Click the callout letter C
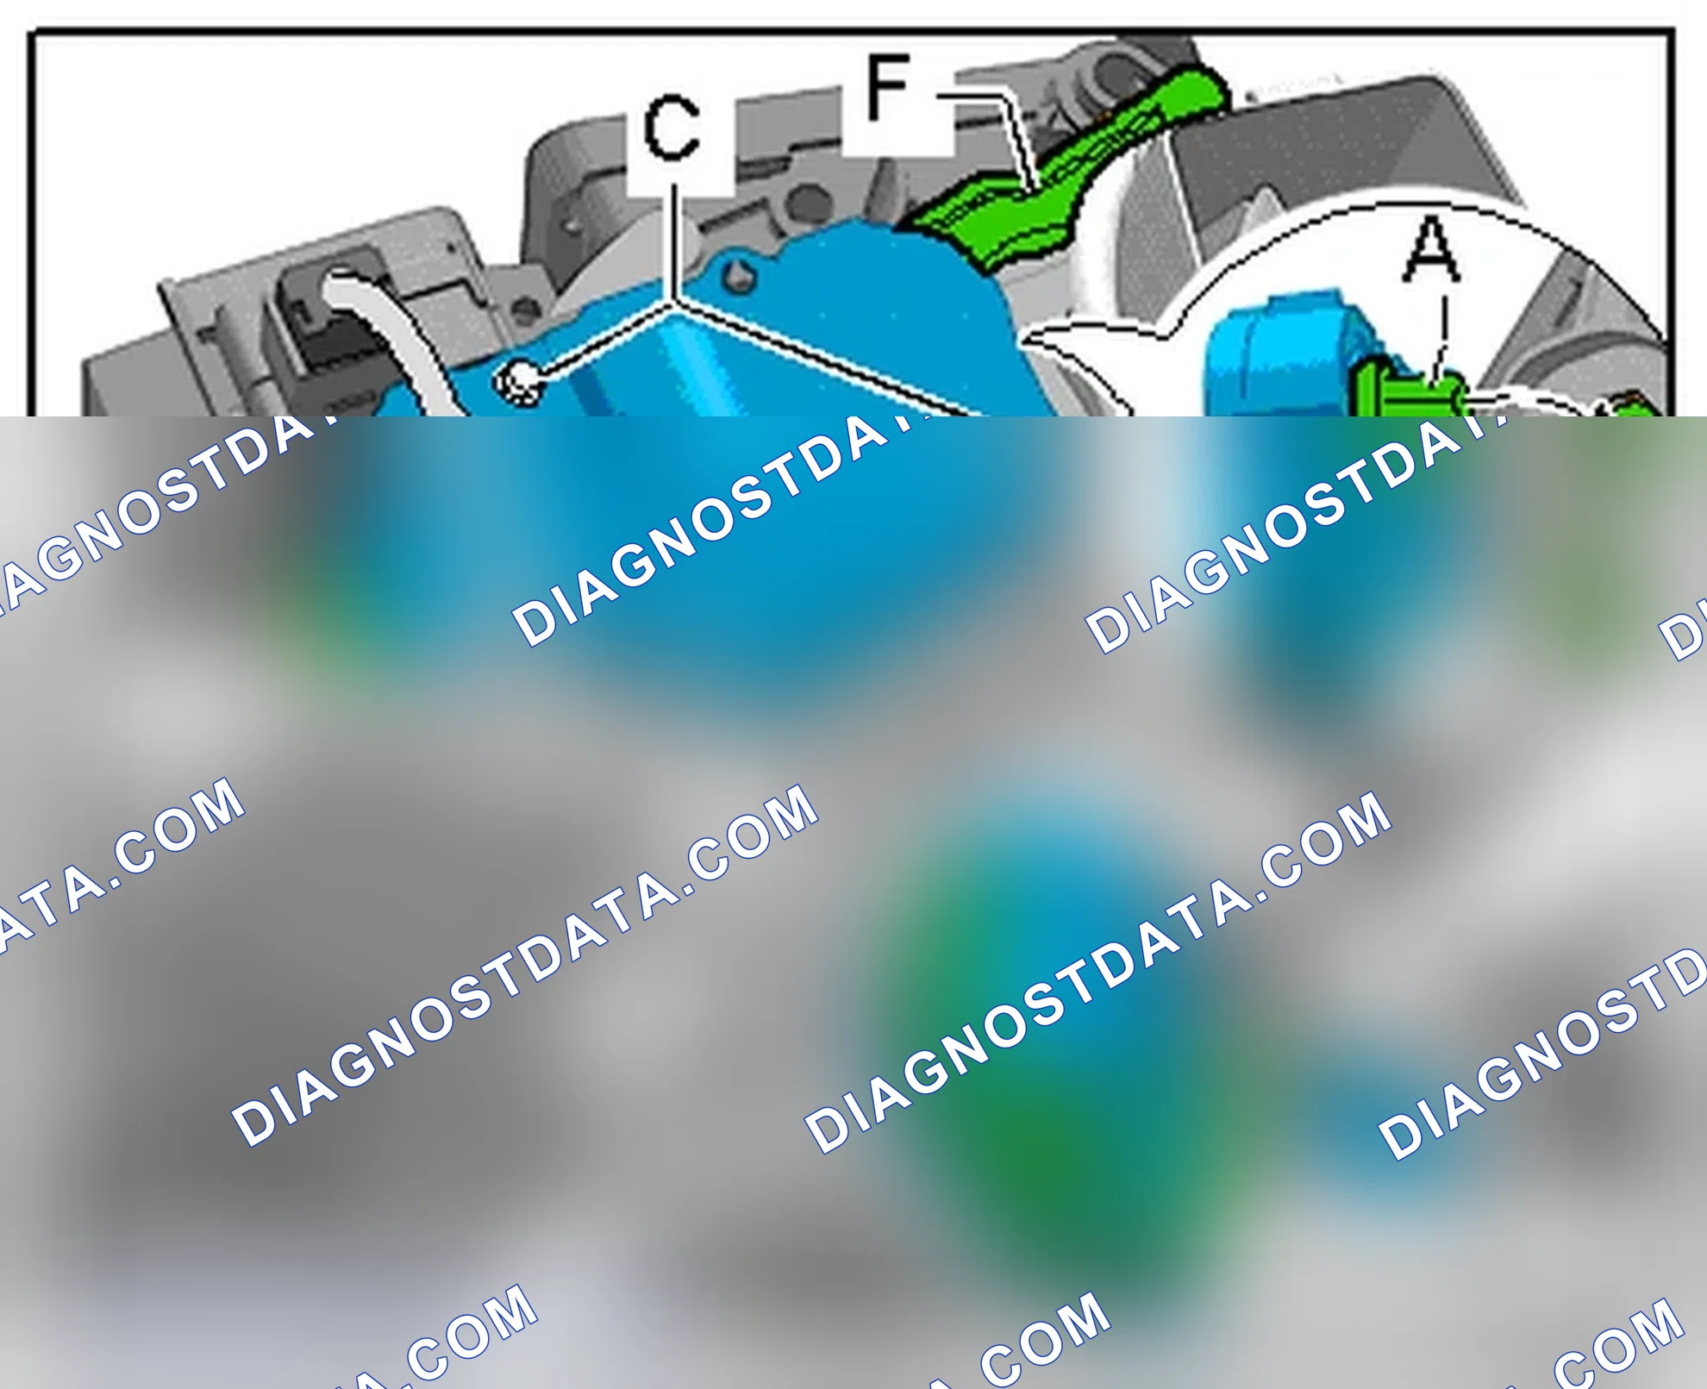pyautogui.click(x=672, y=128)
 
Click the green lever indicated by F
pyautogui.click(x=1069, y=172)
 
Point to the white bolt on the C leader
pyautogui.click(x=519, y=382)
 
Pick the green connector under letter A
pyautogui.click(x=1410, y=392)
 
